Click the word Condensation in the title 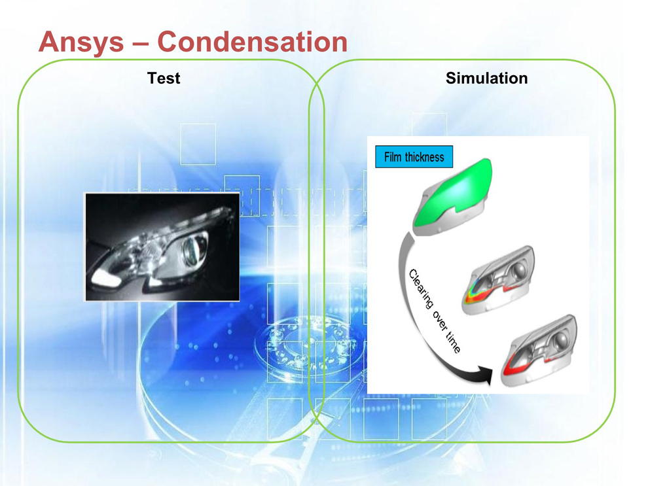click(253, 42)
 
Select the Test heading click(164, 78)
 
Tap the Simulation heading click(486, 78)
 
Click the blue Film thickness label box click(414, 157)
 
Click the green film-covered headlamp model click(453, 196)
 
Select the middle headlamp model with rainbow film click(498, 280)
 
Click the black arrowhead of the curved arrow click(484, 374)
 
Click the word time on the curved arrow click(454, 342)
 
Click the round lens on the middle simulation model click(518, 271)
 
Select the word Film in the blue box click(393, 157)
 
